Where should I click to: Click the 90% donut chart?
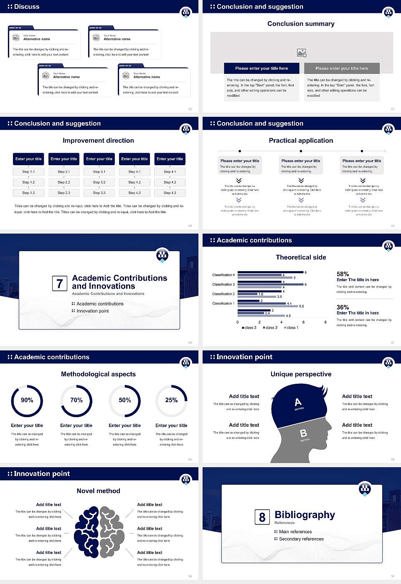pyautogui.click(x=27, y=400)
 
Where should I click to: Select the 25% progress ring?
pyautogui.click(x=171, y=400)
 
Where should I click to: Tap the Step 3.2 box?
pyautogui.click(x=99, y=182)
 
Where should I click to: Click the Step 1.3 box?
pyautogui.click(x=28, y=193)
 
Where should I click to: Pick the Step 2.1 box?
pyautogui.click(x=64, y=171)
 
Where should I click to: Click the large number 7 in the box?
pyautogui.click(x=59, y=284)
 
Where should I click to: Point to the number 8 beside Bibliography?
pyautogui.click(x=262, y=517)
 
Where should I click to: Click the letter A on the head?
pyautogui.click(x=298, y=402)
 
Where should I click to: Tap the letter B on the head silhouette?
pyautogui.click(x=304, y=434)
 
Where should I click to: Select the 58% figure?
pyautogui.click(x=343, y=274)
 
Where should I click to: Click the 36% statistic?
pyautogui.click(x=343, y=307)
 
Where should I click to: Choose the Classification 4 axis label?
pyautogui.click(x=223, y=275)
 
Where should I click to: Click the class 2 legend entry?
pyautogui.click(x=270, y=328)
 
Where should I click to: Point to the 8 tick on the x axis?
pyautogui.click(x=325, y=322)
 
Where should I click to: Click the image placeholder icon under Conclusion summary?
pyautogui.click(x=302, y=53)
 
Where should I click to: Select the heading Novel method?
pyautogui.click(x=99, y=491)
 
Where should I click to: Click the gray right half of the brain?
pyautogui.click(x=112, y=532)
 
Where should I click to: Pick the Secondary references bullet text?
pyautogui.click(x=301, y=539)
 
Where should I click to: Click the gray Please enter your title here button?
pyautogui.click(x=342, y=68)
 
